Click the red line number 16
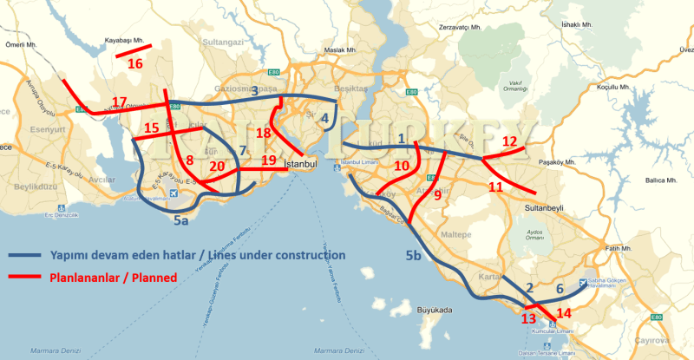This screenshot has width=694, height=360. pyautogui.click(x=135, y=63)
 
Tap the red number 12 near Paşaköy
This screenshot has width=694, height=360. pyautogui.click(x=510, y=141)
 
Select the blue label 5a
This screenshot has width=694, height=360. pyautogui.click(x=180, y=222)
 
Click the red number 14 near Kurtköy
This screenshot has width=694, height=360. pyautogui.click(x=564, y=313)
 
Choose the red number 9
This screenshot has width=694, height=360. pyautogui.click(x=437, y=195)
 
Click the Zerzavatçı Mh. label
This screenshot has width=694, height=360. pyautogui.click(x=460, y=28)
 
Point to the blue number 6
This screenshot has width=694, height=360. pyautogui.click(x=560, y=288)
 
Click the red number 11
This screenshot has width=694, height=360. pyautogui.click(x=496, y=187)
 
